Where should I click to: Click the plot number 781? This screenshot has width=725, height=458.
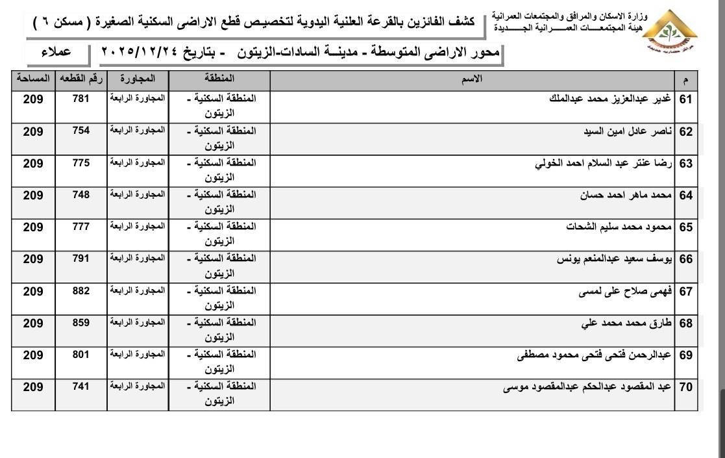(81, 99)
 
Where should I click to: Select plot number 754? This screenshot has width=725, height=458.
(81, 131)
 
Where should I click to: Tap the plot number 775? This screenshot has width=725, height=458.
(81, 163)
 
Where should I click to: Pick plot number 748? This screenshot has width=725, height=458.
(81, 195)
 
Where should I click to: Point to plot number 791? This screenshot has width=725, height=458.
(81, 259)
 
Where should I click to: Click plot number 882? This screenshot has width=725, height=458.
(81, 291)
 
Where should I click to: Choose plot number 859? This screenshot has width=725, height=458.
(81, 323)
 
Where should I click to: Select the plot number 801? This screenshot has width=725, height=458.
(81, 355)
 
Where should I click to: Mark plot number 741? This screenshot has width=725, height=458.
(81, 387)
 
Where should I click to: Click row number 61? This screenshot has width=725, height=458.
(686, 99)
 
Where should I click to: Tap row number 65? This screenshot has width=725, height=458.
(686, 227)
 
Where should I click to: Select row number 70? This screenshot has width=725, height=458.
(686, 388)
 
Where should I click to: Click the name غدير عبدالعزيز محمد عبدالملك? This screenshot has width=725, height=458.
(613, 99)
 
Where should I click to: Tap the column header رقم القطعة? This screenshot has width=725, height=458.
(81, 79)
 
